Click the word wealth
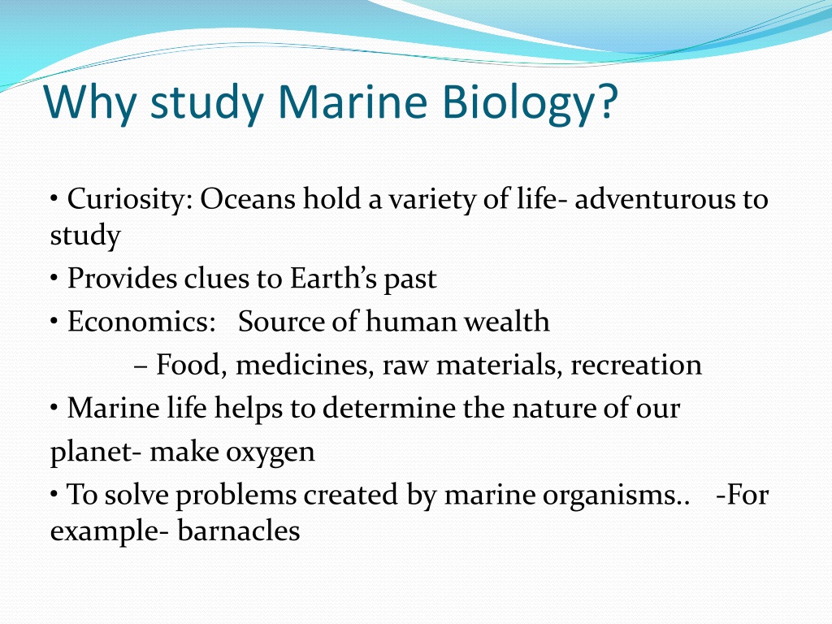click(x=506, y=323)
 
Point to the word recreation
click(x=635, y=366)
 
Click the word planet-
click(x=95, y=452)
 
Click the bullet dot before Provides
click(x=54, y=279)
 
